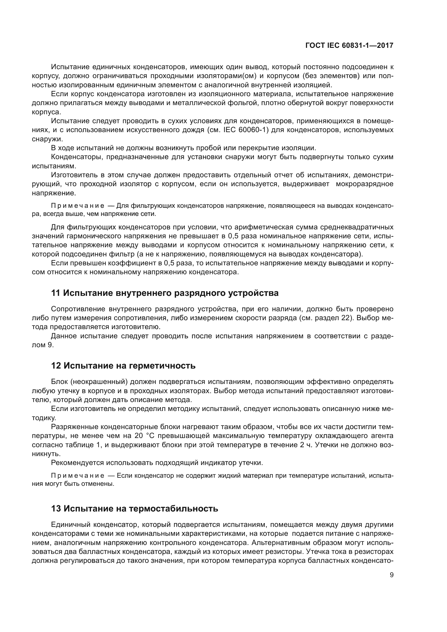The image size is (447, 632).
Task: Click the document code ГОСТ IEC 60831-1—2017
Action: [349, 46]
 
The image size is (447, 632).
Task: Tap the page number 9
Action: [391, 575]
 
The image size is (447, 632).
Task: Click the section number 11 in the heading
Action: [55, 293]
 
